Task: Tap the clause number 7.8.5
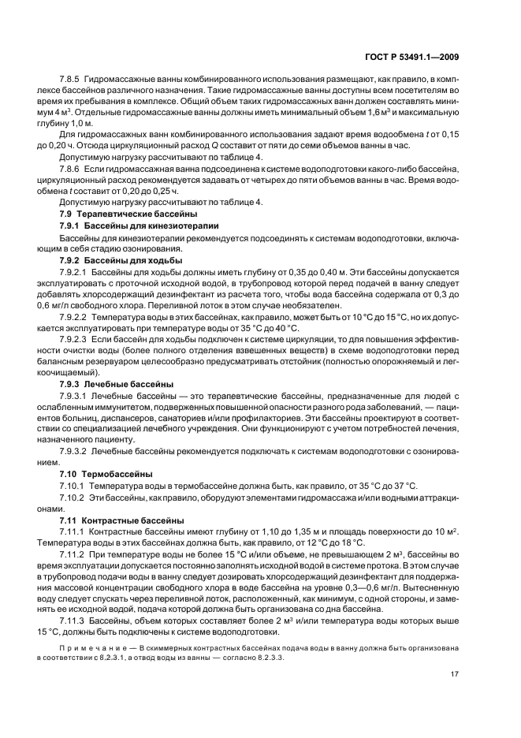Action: pos(70,79)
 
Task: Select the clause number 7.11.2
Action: pos(73,555)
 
